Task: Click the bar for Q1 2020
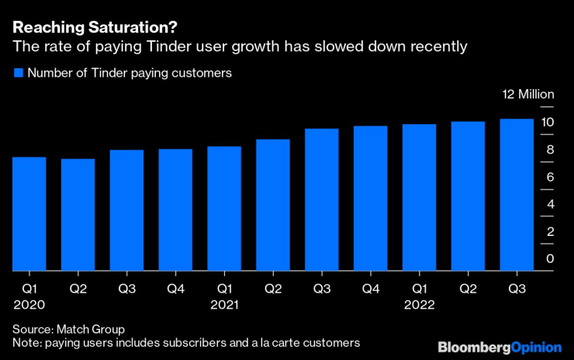tap(29, 214)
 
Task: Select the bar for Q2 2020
tap(78, 215)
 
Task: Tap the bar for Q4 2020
tap(175, 210)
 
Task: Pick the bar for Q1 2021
tap(224, 209)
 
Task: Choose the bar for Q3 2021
tap(321, 200)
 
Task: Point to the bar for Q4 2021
tap(370, 199)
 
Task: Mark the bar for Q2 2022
tap(468, 196)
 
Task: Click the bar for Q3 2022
tap(517, 195)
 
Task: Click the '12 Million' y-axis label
tap(528, 95)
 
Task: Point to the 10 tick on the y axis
tap(547, 123)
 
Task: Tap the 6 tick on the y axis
tap(550, 177)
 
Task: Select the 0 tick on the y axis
tap(550, 258)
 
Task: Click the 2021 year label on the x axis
tap(224, 304)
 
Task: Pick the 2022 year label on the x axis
tap(419, 304)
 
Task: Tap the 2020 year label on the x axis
tap(29, 304)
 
